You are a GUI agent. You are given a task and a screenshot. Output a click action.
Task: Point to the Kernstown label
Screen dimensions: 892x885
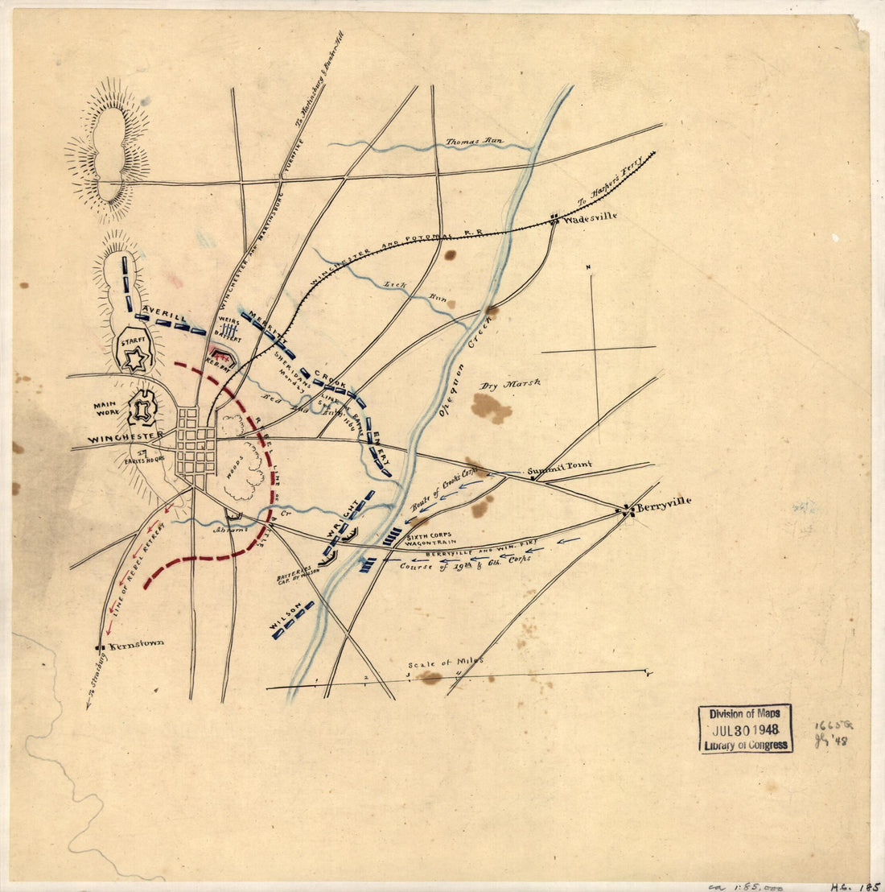(136, 643)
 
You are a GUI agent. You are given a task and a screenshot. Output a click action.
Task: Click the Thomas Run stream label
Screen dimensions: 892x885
(475, 142)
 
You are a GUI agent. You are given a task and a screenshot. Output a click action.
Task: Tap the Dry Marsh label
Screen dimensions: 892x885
(510, 384)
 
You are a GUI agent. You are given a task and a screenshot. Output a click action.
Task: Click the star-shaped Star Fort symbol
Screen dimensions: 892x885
(134, 359)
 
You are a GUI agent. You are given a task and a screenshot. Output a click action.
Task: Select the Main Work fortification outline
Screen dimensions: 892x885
(142, 409)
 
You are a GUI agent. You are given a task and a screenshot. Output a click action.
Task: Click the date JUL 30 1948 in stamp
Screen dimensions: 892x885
(746, 729)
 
